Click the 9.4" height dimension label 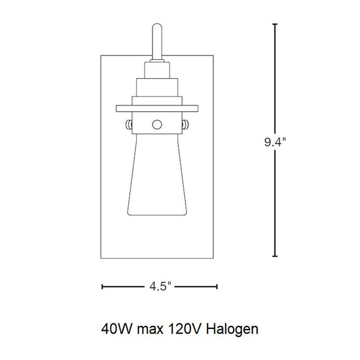coord(275,142)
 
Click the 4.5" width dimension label coord(160,286)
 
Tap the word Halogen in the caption coord(232,329)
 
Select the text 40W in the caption coord(117,329)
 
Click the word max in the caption coord(150,330)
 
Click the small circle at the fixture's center coord(157,124)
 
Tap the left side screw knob coord(129,124)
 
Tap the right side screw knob coord(185,124)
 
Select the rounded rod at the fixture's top coord(157,41)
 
